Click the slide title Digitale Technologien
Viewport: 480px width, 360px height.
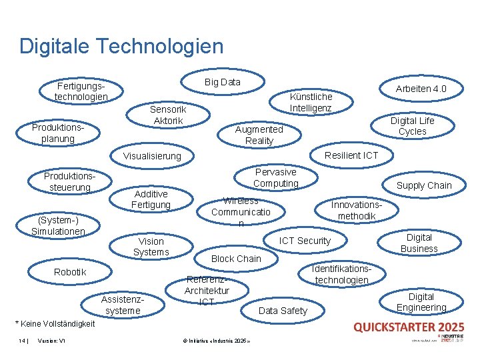(x=121, y=46)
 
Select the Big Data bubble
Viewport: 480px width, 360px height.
(x=222, y=82)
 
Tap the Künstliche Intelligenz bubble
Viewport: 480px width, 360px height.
(x=311, y=102)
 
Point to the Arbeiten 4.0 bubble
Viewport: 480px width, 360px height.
(x=421, y=89)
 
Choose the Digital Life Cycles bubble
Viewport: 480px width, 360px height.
(x=412, y=126)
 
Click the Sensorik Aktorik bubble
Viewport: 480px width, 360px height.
(x=168, y=115)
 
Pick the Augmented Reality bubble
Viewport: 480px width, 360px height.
(x=259, y=135)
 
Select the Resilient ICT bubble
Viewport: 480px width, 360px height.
(x=351, y=155)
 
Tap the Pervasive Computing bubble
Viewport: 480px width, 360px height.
(x=276, y=177)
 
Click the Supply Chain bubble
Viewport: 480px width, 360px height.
(x=424, y=185)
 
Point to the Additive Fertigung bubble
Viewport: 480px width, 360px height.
(x=151, y=199)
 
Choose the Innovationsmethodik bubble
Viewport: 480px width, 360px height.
(x=357, y=210)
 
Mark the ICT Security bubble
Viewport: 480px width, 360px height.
(x=305, y=241)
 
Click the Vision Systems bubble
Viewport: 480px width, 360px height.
(x=151, y=246)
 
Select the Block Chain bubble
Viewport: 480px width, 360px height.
(x=236, y=258)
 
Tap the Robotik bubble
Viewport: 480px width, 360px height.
(x=70, y=272)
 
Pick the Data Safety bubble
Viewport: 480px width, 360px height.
(x=283, y=311)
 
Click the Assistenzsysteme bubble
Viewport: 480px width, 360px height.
(x=123, y=305)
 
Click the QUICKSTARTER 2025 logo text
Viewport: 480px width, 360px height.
(x=409, y=327)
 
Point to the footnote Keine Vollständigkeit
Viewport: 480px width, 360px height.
(x=54, y=324)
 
